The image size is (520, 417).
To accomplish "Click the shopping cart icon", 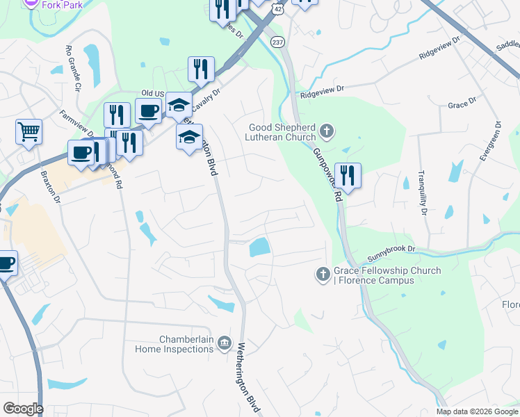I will (29, 131).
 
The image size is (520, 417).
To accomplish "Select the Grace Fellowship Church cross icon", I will (323, 275).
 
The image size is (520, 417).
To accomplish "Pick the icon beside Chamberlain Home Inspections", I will (225, 343).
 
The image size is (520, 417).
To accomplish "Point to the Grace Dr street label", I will (462, 103).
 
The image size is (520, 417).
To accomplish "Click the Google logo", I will (23, 409).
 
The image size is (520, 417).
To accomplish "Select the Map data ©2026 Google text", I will (477, 411).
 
